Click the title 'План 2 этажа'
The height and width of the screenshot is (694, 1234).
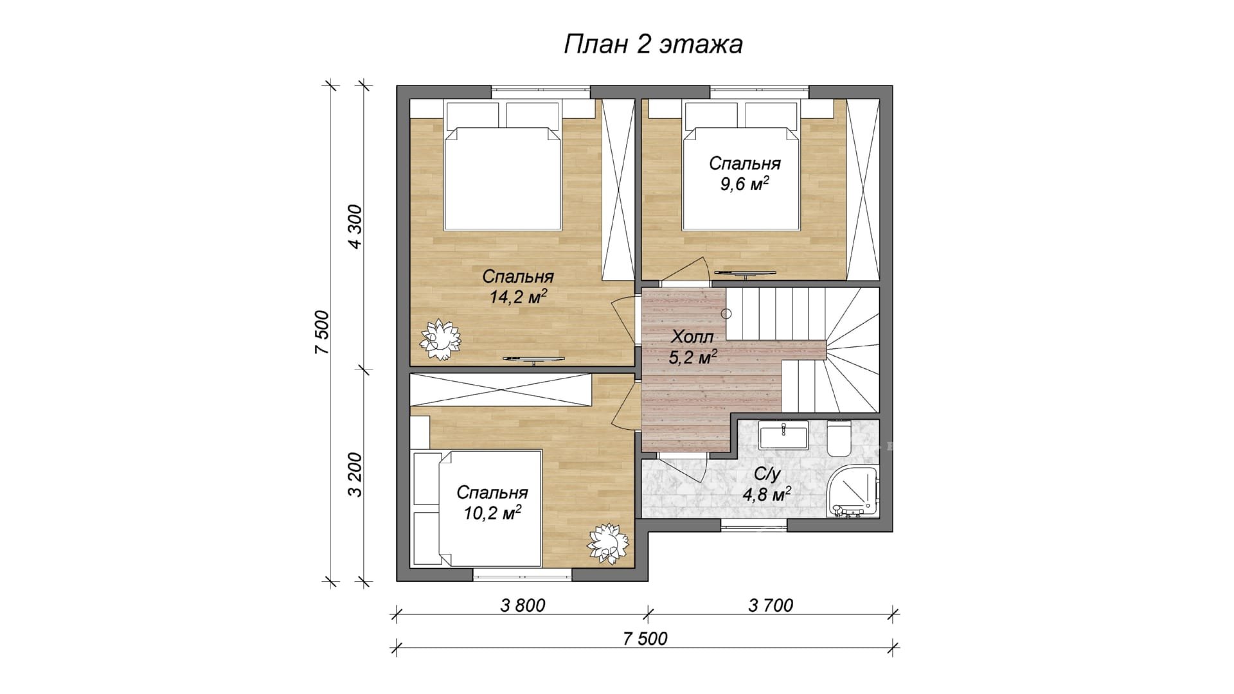click(x=653, y=44)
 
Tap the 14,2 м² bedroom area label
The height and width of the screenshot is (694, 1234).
click(x=518, y=287)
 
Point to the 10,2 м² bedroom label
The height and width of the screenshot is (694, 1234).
click(x=492, y=503)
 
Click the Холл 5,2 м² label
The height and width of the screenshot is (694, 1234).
click(x=693, y=347)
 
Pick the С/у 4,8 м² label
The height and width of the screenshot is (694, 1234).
click(x=767, y=485)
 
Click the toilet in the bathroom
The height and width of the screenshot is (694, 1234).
click(x=839, y=438)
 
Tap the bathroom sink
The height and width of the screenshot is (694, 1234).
click(x=784, y=435)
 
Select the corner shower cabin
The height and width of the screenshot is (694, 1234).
click(x=853, y=491)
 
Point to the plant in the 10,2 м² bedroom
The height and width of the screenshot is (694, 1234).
click(x=607, y=544)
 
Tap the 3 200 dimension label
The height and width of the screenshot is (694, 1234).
click(x=355, y=475)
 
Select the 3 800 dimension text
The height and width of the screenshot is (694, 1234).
click(x=523, y=605)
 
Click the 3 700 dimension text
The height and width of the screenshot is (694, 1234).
click(x=771, y=605)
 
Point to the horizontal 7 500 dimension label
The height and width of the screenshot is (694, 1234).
click(x=645, y=639)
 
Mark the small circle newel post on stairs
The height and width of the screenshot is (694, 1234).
click(x=726, y=314)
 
